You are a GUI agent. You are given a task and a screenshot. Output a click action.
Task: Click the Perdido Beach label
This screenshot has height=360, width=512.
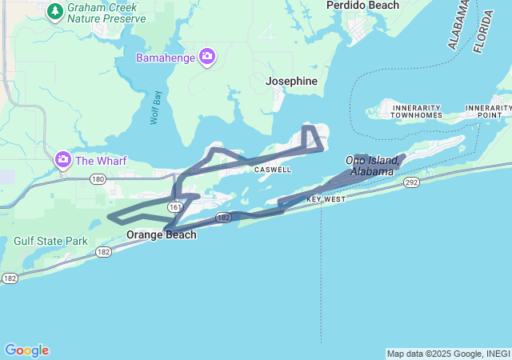pos(362,6)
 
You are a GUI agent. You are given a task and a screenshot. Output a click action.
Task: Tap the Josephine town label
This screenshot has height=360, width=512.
pos(291,82)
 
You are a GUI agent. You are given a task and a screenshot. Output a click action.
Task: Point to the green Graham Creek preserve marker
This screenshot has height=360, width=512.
pos(55,10)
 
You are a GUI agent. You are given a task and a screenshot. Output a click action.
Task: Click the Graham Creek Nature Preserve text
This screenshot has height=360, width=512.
pos(106,12)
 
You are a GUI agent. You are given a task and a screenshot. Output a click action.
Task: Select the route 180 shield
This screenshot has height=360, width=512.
pos(98,179)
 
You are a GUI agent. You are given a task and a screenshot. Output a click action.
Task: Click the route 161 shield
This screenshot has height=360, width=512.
pos(174,206)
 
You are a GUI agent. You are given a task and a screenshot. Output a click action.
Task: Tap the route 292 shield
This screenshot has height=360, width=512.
pos(411,182)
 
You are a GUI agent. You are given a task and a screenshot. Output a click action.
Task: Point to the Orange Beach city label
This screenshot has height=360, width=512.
pos(162,235)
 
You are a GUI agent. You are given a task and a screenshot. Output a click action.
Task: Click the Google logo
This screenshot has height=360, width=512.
pos(26,350)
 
